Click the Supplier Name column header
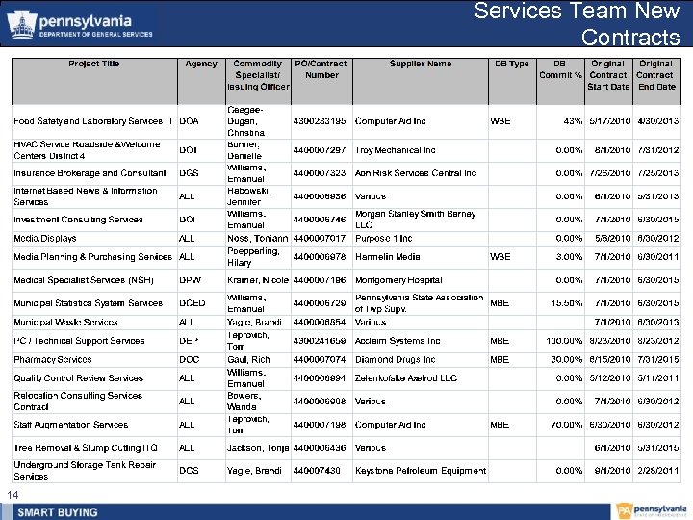421,65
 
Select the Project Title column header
94,65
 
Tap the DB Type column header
511,65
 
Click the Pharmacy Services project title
53,360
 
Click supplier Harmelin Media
388,257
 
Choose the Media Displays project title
45,238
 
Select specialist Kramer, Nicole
258,280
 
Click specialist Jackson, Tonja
258,448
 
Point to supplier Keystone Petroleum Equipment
421,471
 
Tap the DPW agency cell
191,280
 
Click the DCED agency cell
192,303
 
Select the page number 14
13,495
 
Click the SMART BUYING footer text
56,511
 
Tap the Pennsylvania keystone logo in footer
623,510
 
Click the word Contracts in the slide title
630,38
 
